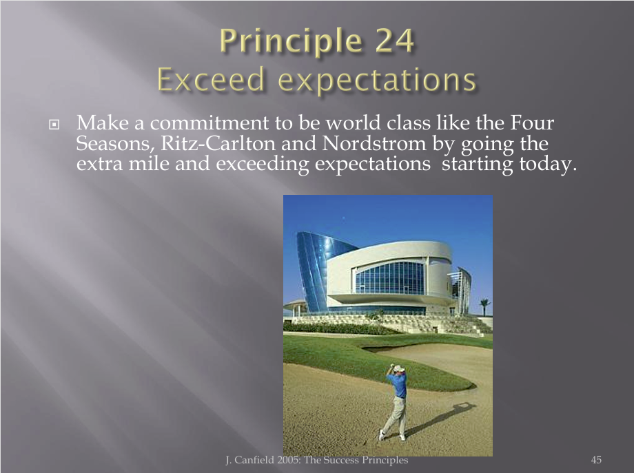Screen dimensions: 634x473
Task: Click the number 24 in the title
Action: point(395,41)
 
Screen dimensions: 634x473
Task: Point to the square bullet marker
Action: point(54,125)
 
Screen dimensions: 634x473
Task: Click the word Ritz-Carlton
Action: point(218,143)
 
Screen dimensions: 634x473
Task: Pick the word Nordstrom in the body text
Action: point(374,143)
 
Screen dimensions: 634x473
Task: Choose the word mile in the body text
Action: point(149,164)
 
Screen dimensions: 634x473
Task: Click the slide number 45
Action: point(596,460)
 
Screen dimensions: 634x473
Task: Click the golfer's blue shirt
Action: point(397,385)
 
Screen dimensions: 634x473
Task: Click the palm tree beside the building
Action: point(484,306)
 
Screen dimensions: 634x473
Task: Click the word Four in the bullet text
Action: point(532,123)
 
